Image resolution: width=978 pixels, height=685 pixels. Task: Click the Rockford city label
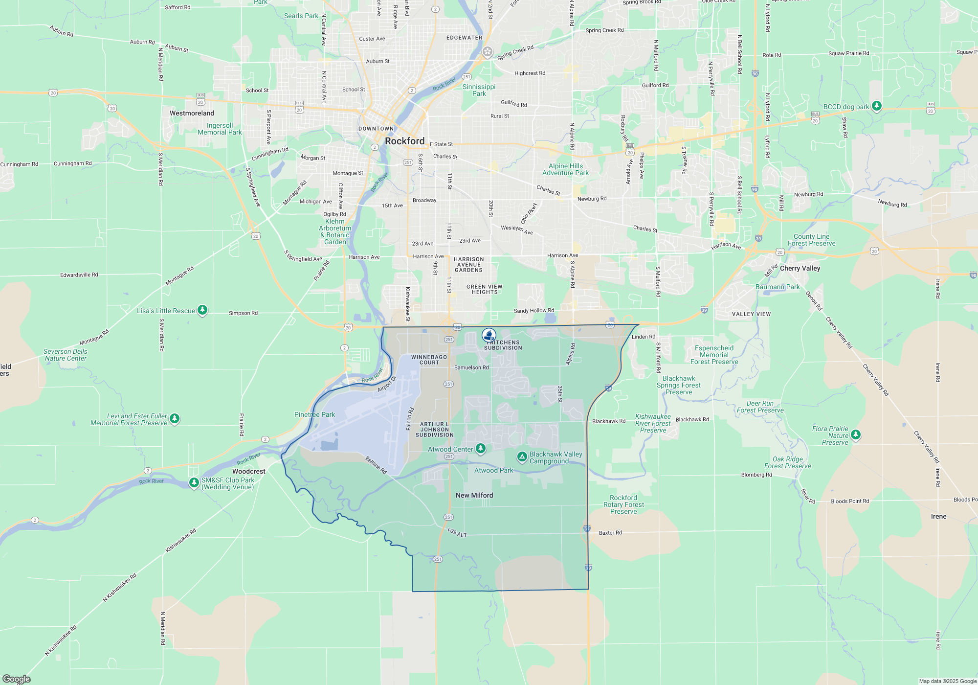coord(404,141)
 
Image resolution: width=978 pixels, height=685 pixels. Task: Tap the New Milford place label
coord(474,495)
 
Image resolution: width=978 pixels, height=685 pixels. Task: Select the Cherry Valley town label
coord(800,268)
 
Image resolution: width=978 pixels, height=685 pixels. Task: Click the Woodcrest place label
coord(249,471)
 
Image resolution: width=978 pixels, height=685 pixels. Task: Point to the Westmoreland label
coord(192,113)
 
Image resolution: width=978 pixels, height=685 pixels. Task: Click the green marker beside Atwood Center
coord(481,448)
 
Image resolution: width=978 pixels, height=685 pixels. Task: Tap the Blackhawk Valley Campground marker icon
coord(522,457)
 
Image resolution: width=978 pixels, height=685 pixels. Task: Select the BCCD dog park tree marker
coord(877,106)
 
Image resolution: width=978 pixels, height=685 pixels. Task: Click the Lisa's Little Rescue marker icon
coord(202,310)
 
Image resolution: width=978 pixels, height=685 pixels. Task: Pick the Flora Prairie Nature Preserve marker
coord(855,434)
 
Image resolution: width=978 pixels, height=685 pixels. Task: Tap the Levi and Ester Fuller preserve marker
coord(175,419)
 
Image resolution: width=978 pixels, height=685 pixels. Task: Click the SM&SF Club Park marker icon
coord(194,483)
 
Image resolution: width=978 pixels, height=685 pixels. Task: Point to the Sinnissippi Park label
coord(479,90)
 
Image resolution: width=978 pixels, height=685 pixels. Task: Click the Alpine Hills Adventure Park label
coord(565,169)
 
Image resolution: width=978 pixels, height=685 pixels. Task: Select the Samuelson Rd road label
coord(471,367)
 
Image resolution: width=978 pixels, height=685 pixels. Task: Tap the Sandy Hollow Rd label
coord(534,311)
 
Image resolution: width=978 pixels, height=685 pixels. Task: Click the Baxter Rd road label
coord(610,533)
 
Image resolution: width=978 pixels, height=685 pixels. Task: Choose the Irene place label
coord(938,516)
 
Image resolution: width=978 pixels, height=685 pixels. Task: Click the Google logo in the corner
coord(17,679)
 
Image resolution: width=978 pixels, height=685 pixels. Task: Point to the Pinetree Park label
coord(314,414)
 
